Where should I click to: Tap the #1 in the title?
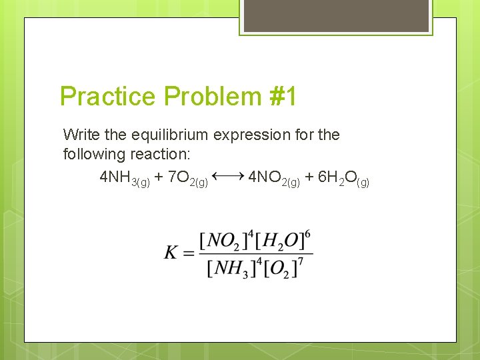[283, 97]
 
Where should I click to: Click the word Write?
[81, 135]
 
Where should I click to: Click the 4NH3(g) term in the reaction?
[124, 178]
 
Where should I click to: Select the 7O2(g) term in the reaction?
[188, 178]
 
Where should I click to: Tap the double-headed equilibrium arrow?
[229, 176]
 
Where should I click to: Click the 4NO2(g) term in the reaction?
[274, 178]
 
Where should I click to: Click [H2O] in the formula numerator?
[281, 241]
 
